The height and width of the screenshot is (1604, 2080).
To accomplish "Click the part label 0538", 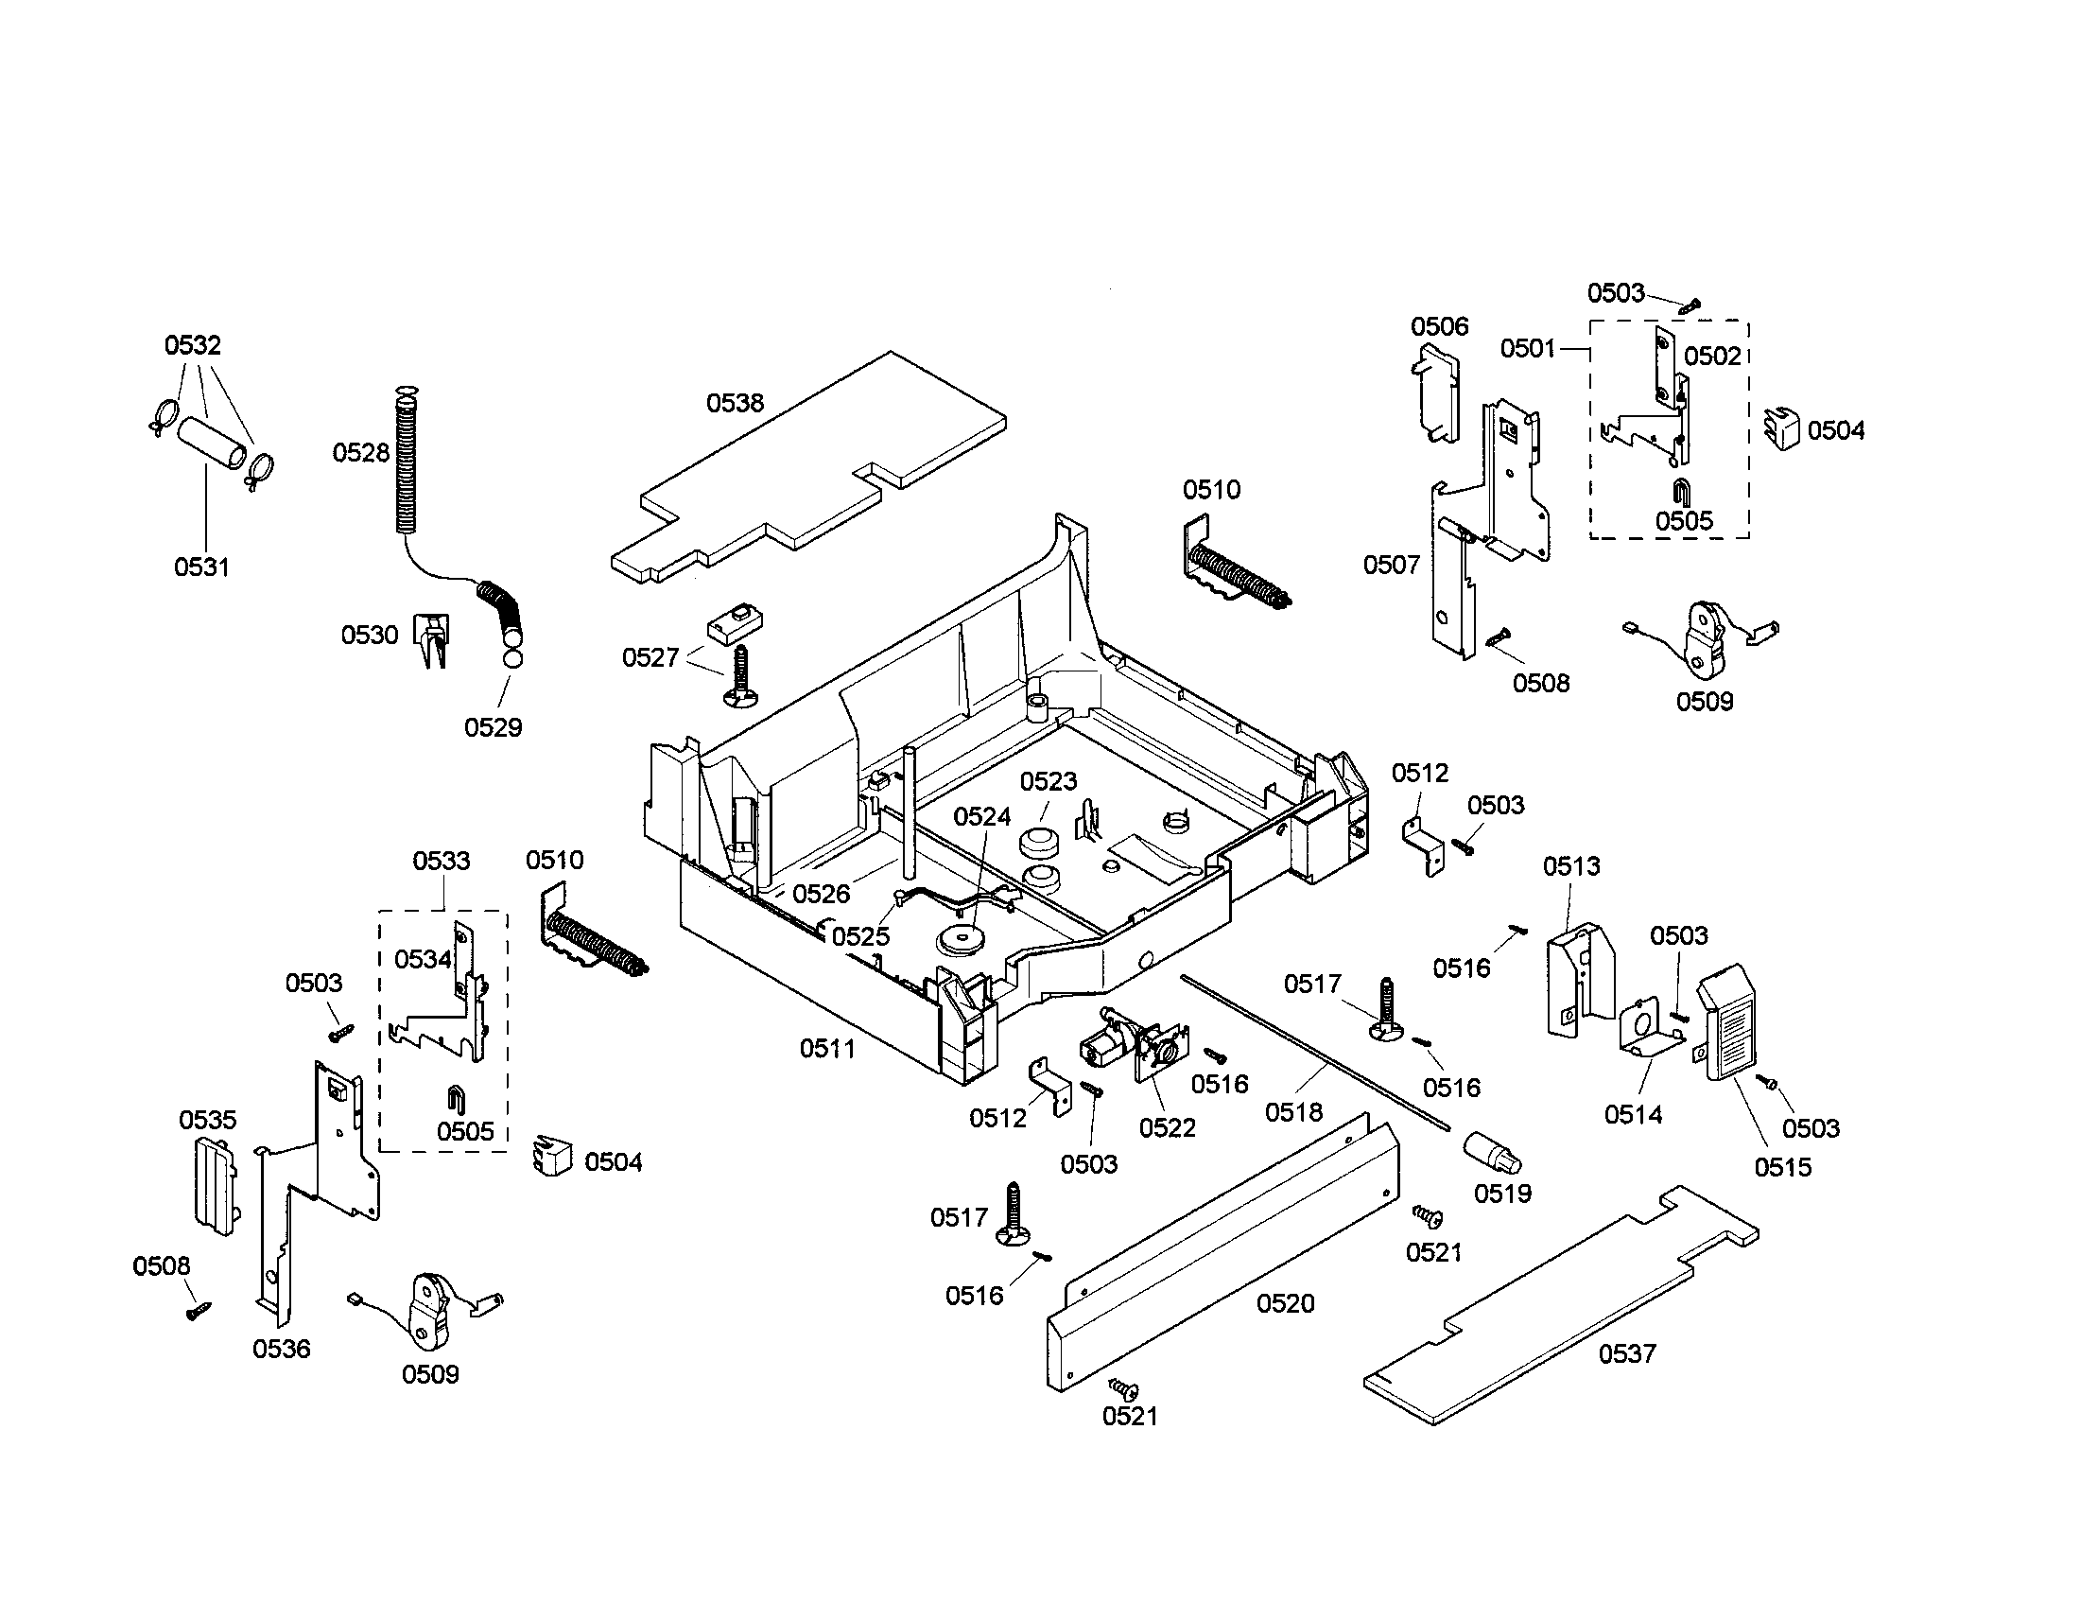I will pyautogui.click(x=735, y=403).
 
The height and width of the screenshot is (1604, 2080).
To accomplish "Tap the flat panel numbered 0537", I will pyautogui.click(x=1562, y=1305).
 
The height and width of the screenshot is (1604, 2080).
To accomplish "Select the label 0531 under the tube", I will pyautogui.click(x=201, y=567).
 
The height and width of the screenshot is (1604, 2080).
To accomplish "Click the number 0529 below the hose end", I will pyautogui.click(x=493, y=726).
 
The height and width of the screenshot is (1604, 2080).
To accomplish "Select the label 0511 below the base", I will pyautogui.click(x=826, y=1049).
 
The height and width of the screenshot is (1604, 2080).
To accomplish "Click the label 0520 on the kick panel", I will pyautogui.click(x=1285, y=1303).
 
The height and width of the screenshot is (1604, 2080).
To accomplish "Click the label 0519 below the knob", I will pyautogui.click(x=1502, y=1193).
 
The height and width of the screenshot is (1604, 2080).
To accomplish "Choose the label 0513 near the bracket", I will pyautogui.click(x=1571, y=865).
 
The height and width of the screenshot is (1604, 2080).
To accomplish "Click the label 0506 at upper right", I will pyautogui.click(x=1439, y=326).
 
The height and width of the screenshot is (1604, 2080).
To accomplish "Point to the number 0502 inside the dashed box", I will pyautogui.click(x=1712, y=357).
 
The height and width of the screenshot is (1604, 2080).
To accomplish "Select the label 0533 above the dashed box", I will pyautogui.click(x=441, y=861).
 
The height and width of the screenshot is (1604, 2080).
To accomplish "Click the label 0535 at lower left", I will pyautogui.click(x=208, y=1119).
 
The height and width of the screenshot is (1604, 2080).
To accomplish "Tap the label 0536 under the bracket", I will pyautogui.click(x=281, y=1348).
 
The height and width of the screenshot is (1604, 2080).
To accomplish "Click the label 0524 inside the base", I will pyautogui.click(x=982, y=816).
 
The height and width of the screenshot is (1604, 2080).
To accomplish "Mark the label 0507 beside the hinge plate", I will pyautogui.click(x=1391, y=565).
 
